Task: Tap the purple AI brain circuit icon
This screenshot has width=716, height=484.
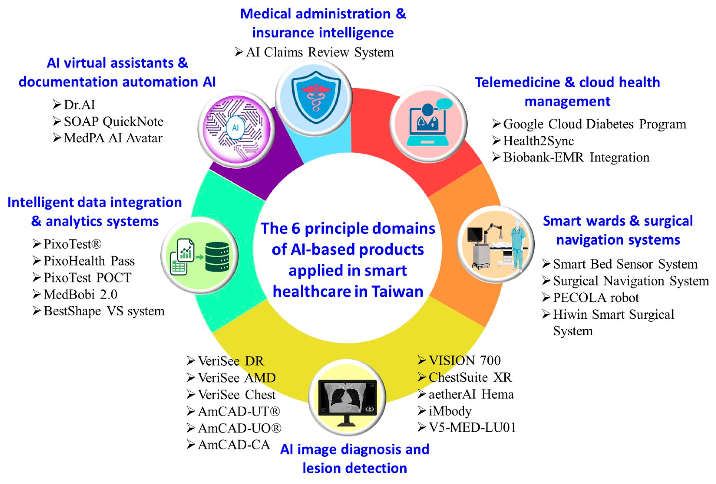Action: pyautogui.click(x=236, y=129)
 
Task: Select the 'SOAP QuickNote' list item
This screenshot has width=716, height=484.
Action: pyautogui.click(x=113, y=122)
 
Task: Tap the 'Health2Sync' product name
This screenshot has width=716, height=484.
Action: pyautogui.click(x=538, y=141)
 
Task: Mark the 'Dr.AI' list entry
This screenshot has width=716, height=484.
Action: pyautogui.click(x=79, y=105)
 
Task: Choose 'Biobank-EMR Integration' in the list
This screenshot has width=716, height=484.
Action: pyautogui.click(x=576, y=158)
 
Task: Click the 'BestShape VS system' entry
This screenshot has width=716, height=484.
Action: pyautogui.click(x=104, y=311)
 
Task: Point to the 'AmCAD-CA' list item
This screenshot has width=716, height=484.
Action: pyautogui.click(x=234, y=445)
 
